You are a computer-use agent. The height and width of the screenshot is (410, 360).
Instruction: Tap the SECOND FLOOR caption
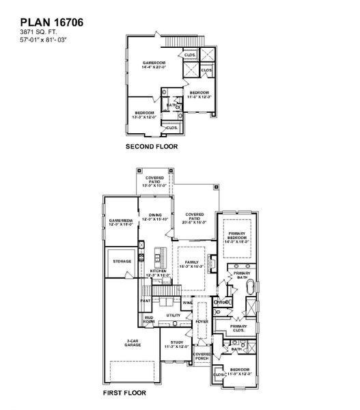click(x=151, y=146)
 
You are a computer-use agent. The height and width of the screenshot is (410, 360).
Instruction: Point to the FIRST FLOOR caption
click(x=126, y=394)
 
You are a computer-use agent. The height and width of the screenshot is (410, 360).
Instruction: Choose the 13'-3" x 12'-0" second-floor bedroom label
click(x=145, y=113)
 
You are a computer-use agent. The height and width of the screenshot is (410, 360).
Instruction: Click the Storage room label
click(x=122, y=260)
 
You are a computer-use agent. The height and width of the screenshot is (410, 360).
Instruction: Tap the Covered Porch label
click(x=201, y=356)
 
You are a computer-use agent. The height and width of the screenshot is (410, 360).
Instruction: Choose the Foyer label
click(x=201, y=320)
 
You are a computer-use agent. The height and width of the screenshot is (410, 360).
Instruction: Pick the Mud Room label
click(x=148, y=319)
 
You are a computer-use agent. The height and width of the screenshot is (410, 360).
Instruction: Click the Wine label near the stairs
click(x=186, y=301)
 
